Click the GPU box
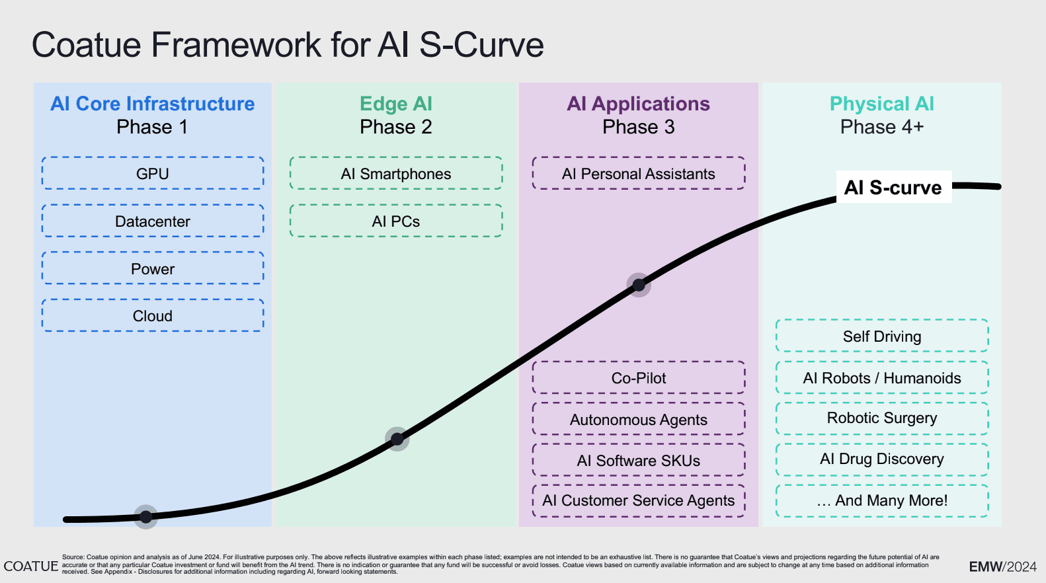(153, 174)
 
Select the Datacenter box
(153, 221)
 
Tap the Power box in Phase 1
(153, 269)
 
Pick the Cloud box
(153, 316)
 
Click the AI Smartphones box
(395, 174)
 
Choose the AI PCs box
(395, 221)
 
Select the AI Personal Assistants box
(638, 174)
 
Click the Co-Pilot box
(638, 378)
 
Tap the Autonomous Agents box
(638, 420)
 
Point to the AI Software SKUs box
(638, 461)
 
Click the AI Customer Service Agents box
(638, 501)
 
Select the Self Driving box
(881, 336)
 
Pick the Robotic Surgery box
(881, 418)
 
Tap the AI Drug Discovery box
(881, 459)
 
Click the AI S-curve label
(893, 188)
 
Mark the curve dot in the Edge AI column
(397, 439)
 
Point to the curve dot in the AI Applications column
(639, 285)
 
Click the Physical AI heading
(881, 104)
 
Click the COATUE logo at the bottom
(30, 566)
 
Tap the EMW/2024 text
(1002, 566)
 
